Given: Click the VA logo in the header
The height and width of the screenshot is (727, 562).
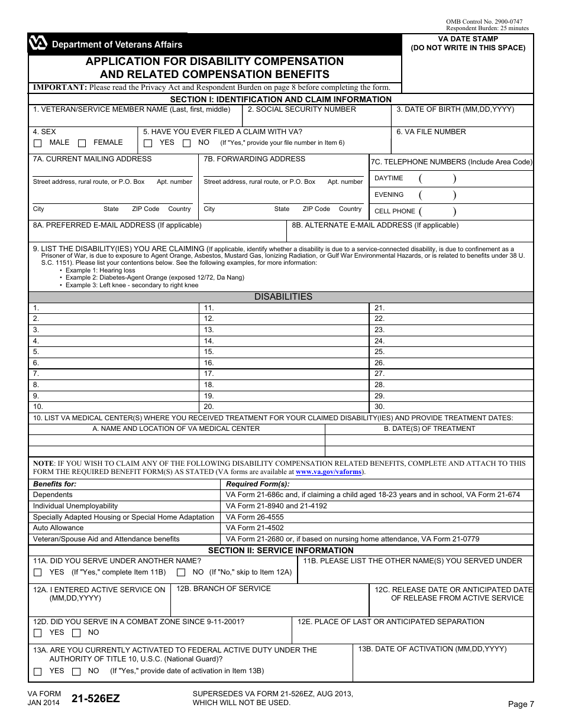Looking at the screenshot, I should pyautogui.click(x=37, y=44).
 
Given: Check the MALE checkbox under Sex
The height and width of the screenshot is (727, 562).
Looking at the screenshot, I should pyautogui.click(x=38, y=143).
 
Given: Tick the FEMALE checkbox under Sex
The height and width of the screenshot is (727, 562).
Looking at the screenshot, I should pyautogui.click(x=82, y=143).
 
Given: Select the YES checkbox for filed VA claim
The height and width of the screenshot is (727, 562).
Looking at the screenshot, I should pyautogui.click(x=148, y=143).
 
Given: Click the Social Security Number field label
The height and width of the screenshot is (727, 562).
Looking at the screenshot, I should pyautogui.click(x=302, y=109).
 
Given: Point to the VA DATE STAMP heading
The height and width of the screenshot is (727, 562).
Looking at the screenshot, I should pyautogui.click(x=468, y=39).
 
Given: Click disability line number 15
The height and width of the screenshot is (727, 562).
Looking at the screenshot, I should pyautogui.click(x=209, y=352).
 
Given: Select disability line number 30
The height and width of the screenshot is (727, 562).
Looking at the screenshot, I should pyautogui.click(x=380, y=407).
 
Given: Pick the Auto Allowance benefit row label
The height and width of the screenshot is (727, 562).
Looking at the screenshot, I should pyautogui.click(x=58, y=528).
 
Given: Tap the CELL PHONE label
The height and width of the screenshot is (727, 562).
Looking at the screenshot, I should pyautogui.click(x=395, y=211).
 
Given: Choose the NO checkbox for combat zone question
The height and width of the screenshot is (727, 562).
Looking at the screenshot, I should pyautogui.click(x=76, y=633).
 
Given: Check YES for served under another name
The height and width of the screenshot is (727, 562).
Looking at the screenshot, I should pyautogui.click(x=38, y=572).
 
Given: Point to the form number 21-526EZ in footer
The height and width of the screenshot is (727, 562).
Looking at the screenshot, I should pyautogui.click(x=95, y=698).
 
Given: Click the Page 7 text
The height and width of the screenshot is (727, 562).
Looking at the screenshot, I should pyautogui.click(x=521, y=703).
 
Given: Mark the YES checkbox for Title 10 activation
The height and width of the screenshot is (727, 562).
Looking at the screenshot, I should pyautogui.click(x=38, y=671).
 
